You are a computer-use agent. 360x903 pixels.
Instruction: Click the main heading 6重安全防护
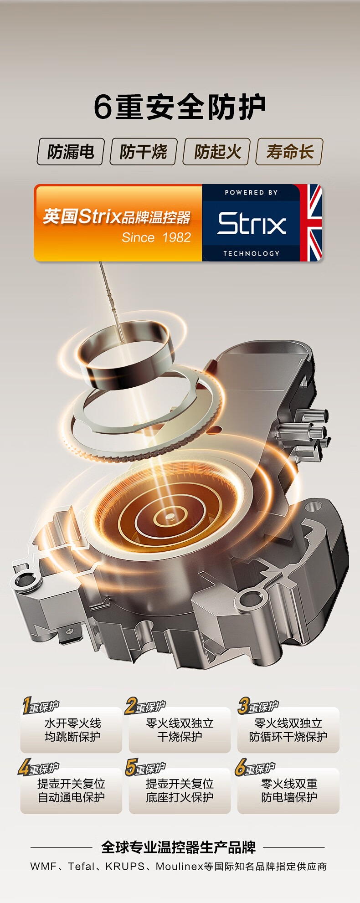pos(180,108)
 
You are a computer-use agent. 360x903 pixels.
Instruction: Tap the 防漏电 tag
pos(71,152)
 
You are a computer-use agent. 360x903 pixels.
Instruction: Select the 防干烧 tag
pos(143,152)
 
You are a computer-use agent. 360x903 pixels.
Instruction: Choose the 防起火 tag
pos(216,152)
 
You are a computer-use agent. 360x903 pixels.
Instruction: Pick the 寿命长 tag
pos(290,152)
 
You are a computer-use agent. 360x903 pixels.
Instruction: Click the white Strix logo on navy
pos(252,223)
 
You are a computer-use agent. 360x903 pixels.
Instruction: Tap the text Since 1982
pos(156,237)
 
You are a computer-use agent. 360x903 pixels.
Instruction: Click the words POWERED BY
pos(251,193)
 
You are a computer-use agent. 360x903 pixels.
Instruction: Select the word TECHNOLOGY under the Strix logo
pos(251,253)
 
